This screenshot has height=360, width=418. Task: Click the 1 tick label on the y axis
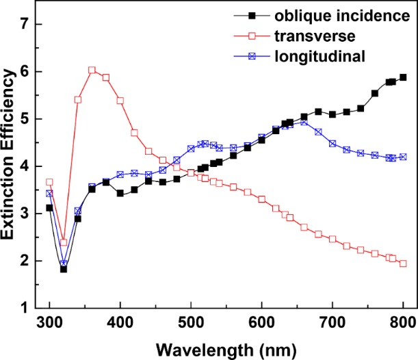click(x=25, y=308)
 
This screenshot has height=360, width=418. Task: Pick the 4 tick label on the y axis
click(x=25, y=166)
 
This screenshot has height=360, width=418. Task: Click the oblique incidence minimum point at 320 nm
click(x=64, y=269)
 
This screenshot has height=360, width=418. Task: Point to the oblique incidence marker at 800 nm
click(x=403, y=77)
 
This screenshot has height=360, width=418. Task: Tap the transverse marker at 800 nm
click(x=403, y=263)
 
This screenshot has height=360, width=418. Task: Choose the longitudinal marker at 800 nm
click(x=403, y=157)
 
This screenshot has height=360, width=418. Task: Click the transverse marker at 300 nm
click(x=49, y=182)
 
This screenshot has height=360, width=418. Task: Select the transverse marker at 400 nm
click(x=120, y=101)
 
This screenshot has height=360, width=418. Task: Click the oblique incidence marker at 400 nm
click(x=120, y=194)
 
